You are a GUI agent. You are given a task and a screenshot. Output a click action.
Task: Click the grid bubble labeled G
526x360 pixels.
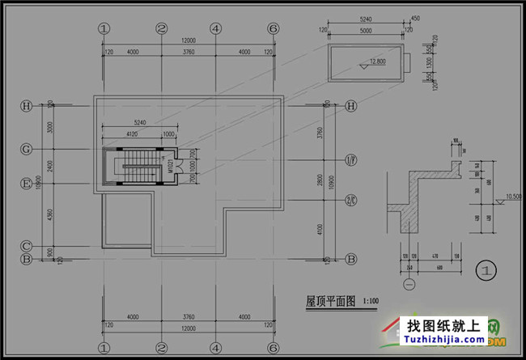tap(27, 149)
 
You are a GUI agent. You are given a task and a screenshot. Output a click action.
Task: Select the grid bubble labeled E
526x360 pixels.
tap(27, 182)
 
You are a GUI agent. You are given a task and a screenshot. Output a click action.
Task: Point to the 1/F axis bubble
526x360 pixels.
tap(351, 159)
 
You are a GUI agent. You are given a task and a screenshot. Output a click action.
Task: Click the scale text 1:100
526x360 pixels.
tap(371, 301)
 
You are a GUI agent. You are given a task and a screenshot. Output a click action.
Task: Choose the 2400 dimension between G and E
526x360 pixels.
tap(49, 166)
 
